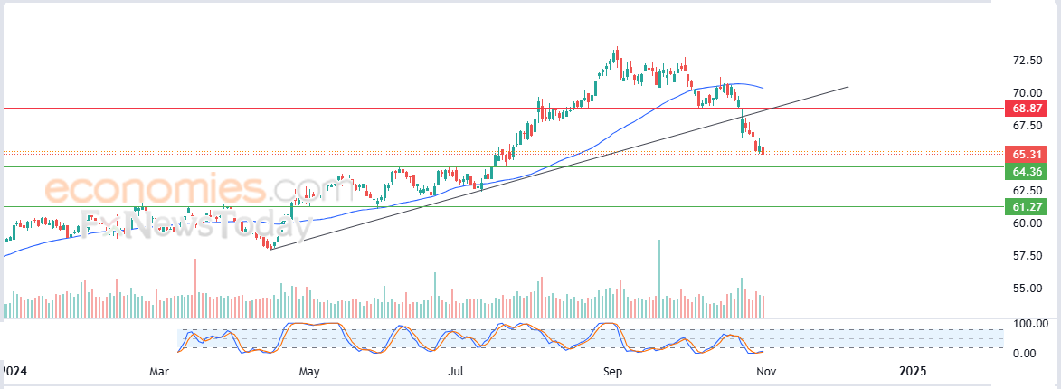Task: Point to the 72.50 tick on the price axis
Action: (x=1028, y=61)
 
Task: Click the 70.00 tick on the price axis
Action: (x=1028, y=92)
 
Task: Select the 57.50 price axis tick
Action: (x=1028, y=256)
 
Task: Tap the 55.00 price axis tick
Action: (x=1028, y=289)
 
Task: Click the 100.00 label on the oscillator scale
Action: (x=1029, y=324)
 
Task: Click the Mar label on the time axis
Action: (x=160, y=371)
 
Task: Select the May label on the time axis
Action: (x=309, y=371)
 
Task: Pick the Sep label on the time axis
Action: (x=612, y=371)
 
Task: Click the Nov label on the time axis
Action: (x=763, y=371)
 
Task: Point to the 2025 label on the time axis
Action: (x=913, y=371)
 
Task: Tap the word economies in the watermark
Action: (x=155, y=190)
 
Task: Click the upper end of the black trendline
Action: (x=848, y=87)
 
